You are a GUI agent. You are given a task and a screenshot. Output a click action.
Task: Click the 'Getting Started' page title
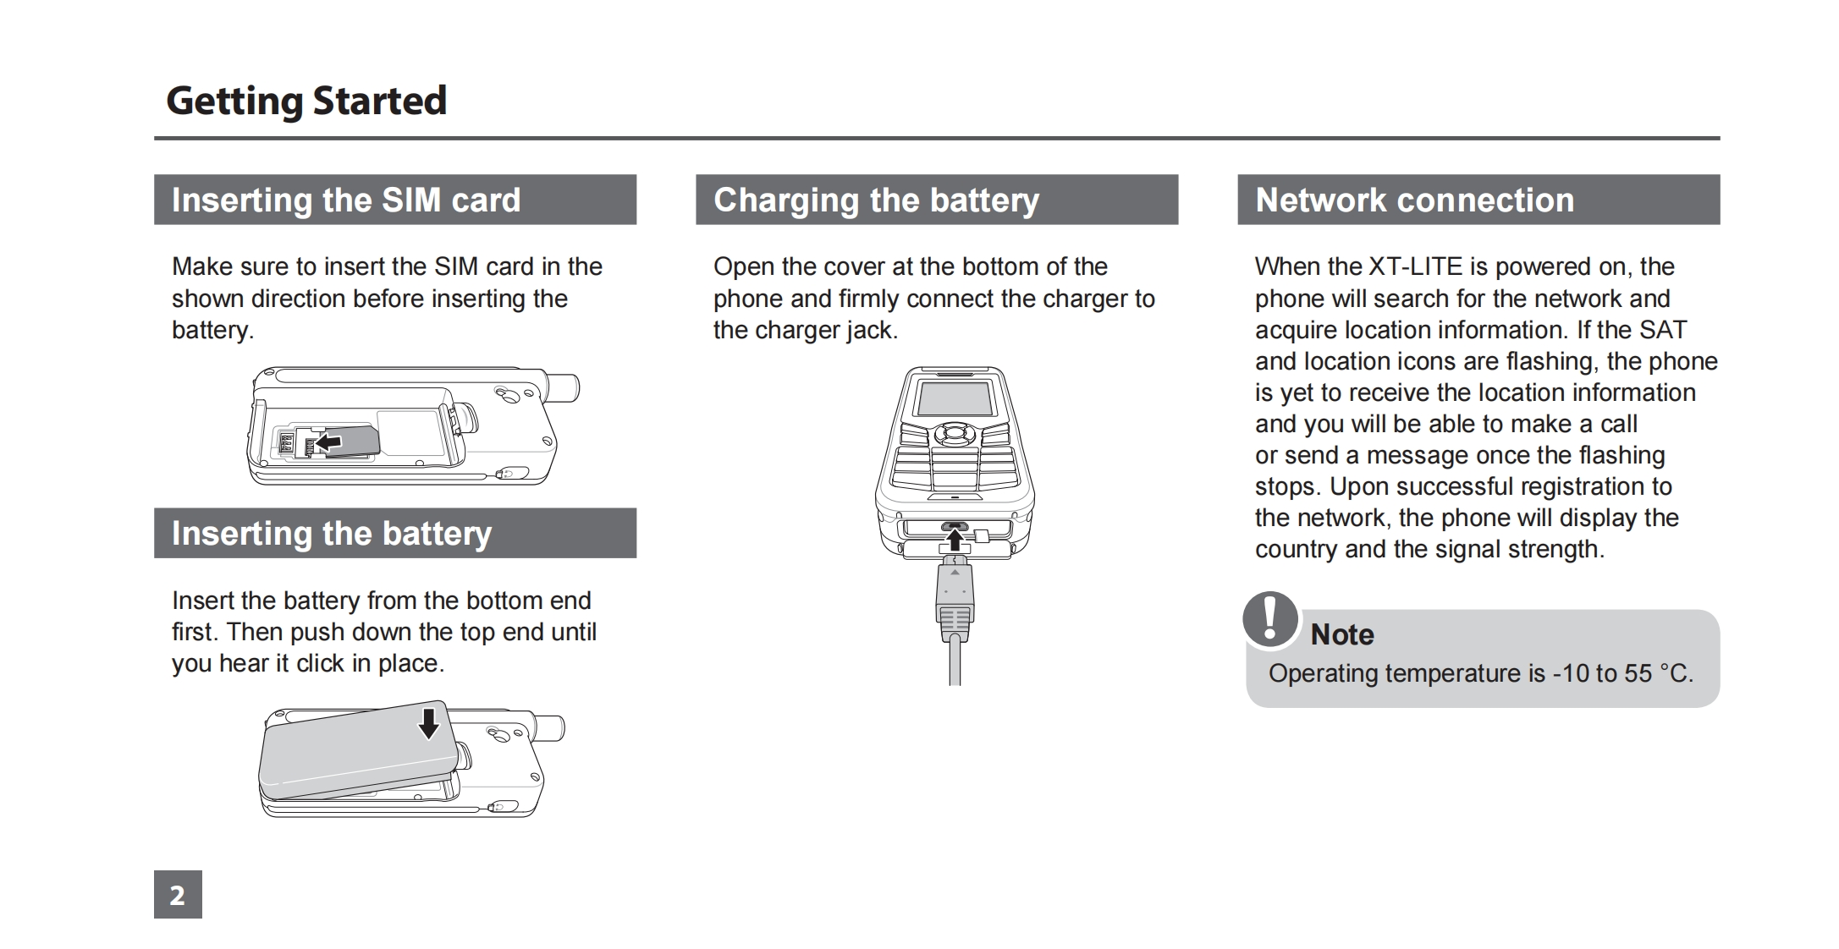(x=306, y=101)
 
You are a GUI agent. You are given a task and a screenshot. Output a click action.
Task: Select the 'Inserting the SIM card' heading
(x=345, y=200)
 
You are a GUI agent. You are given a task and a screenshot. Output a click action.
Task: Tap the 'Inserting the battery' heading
(x=331, y=534)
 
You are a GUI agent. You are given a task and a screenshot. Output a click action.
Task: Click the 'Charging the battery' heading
(x=876, y=200)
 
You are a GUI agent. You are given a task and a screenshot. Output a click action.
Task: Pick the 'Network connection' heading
(x=1414, y=200)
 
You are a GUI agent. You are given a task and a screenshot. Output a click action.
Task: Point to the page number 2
(x=178, y=895)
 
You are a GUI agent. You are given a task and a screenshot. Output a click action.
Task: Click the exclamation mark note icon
(x=1269, y=619)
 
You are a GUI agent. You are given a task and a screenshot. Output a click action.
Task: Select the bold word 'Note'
(x=1341, y=634)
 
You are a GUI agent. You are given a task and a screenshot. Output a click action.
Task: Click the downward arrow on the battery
(x=429, y=723)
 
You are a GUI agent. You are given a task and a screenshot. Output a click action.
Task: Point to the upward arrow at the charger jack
(x=955, y=539)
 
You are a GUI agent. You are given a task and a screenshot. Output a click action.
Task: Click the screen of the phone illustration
(x=955, y=398)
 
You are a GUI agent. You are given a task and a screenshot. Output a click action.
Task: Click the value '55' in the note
(x=1638, y=673)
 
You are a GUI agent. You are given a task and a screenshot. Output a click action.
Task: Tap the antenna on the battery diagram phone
(x=548, y=727)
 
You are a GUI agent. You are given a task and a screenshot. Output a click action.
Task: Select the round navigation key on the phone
(x=955, y=433)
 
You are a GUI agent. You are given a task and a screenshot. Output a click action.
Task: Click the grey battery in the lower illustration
(x=355, y=753)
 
